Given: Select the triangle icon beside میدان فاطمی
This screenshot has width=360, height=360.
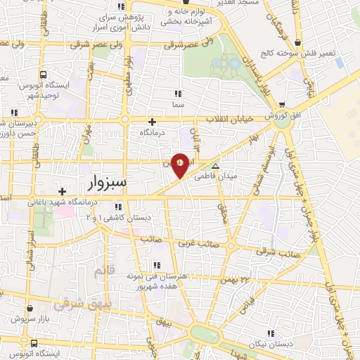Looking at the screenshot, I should point(216,167).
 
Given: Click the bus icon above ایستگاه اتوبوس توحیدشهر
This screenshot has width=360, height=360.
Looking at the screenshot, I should point(44,75).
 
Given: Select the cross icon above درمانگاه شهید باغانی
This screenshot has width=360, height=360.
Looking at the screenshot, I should point(63,191).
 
